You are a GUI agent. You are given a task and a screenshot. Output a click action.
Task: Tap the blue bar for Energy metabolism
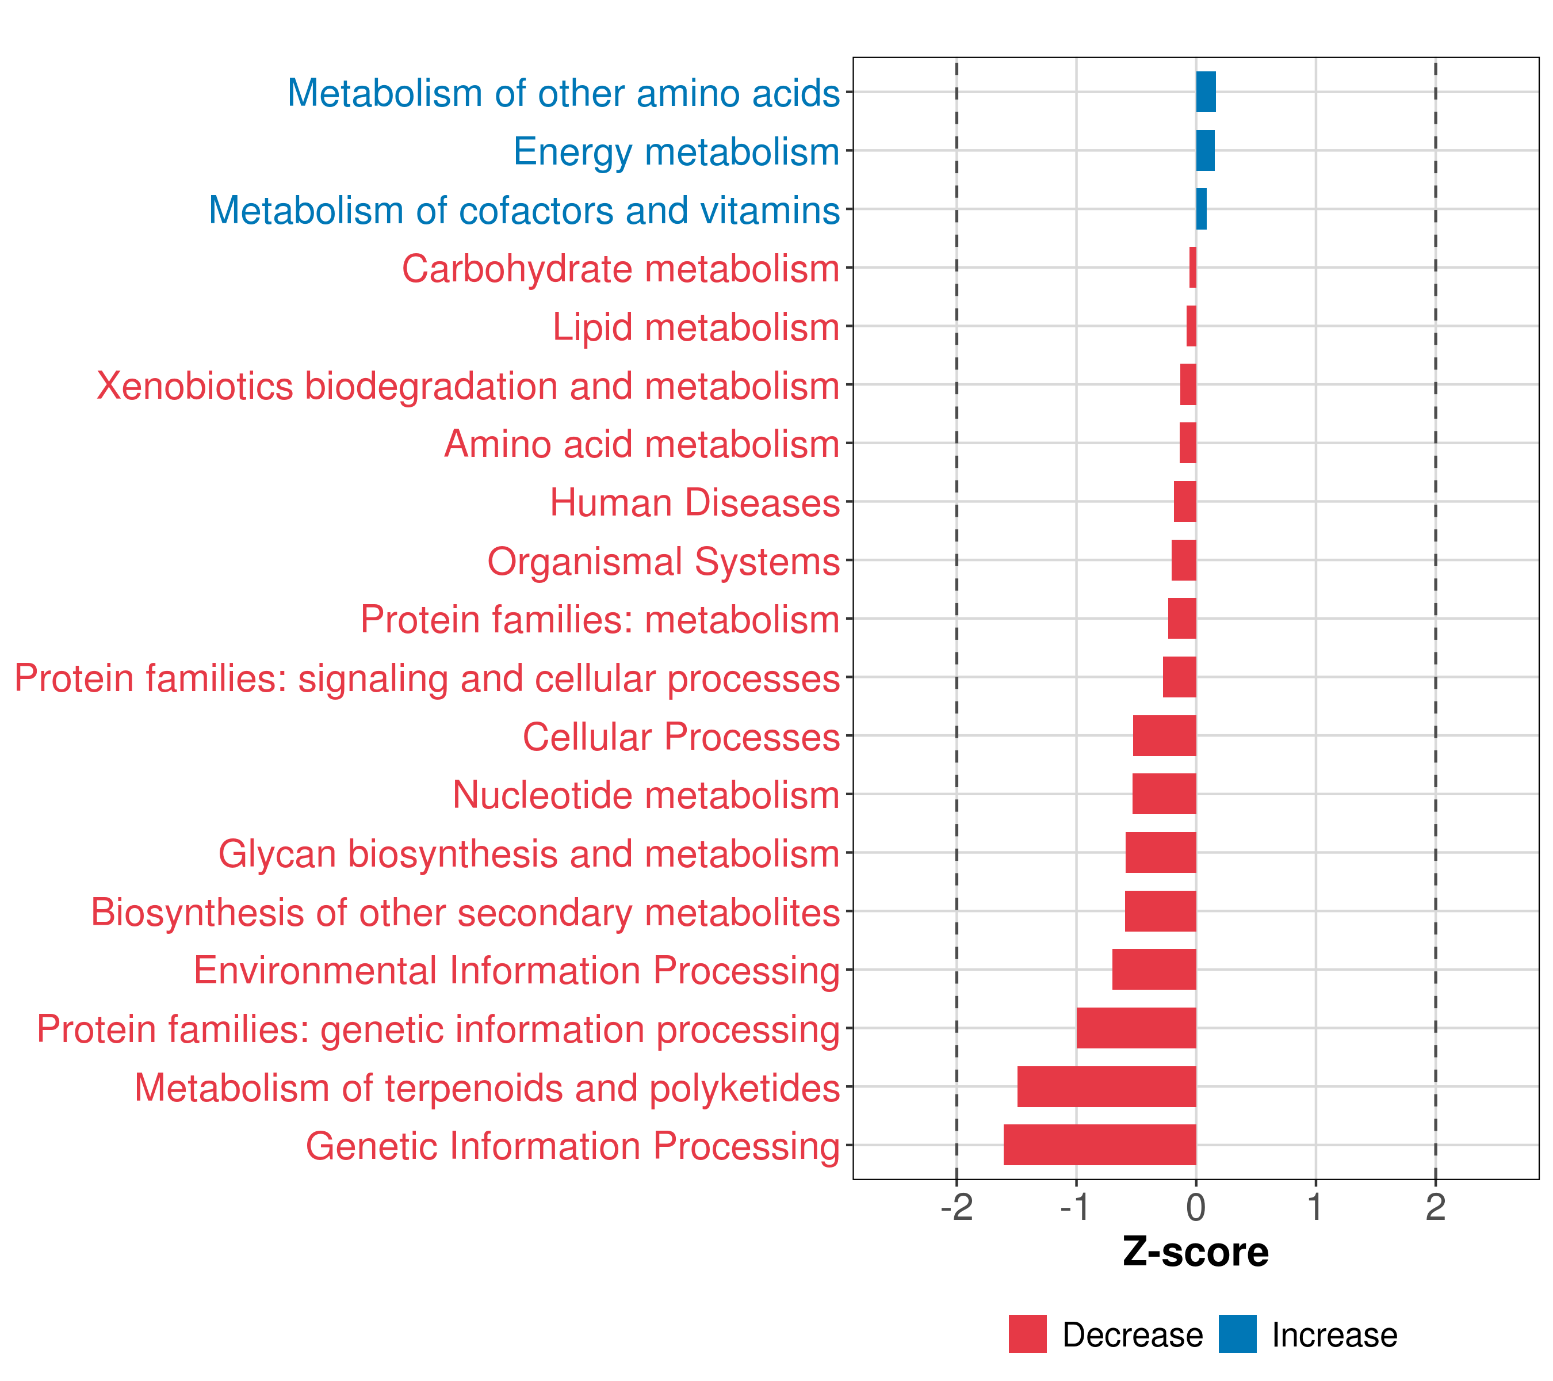click(x=1205, y=151)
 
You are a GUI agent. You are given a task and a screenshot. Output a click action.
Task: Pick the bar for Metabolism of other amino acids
click(x=1206, y=92)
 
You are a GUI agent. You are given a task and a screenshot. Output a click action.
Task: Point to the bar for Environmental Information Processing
click(x=1154, y=969)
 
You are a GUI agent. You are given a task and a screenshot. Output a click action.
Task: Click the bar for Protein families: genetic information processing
click(x=1136, y=1028)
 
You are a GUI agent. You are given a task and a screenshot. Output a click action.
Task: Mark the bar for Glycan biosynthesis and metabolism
click(x=1160, y=852)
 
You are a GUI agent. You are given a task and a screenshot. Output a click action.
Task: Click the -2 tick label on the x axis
click(x=957, y=1207)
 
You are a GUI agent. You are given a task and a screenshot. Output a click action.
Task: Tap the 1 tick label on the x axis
click(x=1315, y=1207)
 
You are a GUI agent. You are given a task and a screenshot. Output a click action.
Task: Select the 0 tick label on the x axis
click(x=1196, y=1207)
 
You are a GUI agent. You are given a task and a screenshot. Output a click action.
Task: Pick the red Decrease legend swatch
click(x=1027, y=1334)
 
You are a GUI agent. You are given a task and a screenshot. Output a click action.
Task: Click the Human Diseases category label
click(x=694, y=502)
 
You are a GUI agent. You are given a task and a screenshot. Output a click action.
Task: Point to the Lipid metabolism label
click(x=695, y=327)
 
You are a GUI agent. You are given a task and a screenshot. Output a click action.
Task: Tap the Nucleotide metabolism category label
click(x=646, y=795)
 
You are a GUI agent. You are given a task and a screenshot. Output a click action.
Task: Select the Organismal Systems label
click(x=663, y=561)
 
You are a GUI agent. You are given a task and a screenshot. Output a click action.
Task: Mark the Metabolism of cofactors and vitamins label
click(x=524, y=211)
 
